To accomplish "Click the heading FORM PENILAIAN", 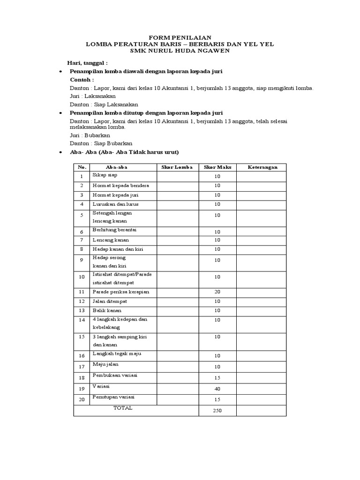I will coord(180,37).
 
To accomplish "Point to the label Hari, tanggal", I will coord(89,62).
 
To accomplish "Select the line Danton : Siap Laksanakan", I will coord(104,105).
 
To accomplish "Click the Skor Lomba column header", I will coord(177,167).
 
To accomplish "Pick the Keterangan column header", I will coord(261,167).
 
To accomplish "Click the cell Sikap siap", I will coord(105,175).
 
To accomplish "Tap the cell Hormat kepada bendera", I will coord(117,186).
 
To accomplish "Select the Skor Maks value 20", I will coord(217,292).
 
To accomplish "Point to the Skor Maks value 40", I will coord(217,389).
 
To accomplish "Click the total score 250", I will coord(217,411).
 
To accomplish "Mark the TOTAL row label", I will coord(123,408).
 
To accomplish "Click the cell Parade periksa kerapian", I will coord(120,292).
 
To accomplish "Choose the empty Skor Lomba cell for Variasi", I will coord(177,389).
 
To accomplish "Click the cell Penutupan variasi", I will coord(113,397).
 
